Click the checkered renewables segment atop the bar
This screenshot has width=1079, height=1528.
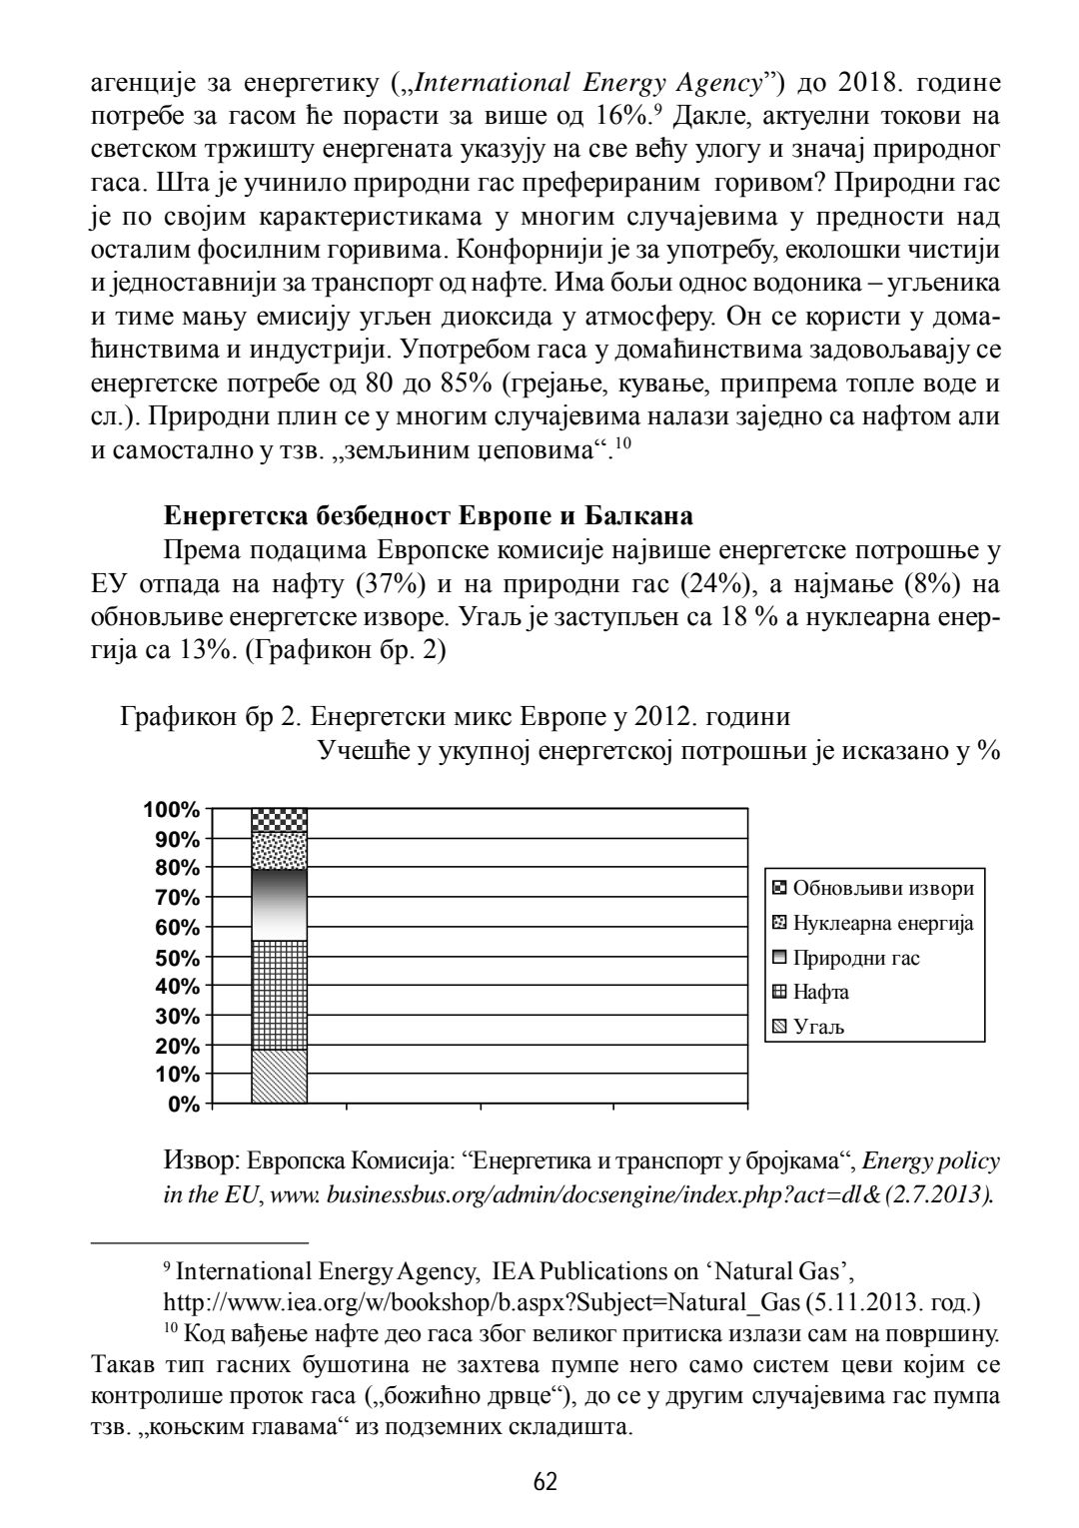tap(279, 820)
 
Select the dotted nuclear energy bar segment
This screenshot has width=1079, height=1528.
tap(279, 851)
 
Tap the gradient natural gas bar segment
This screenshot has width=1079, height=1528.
tap(279, 905)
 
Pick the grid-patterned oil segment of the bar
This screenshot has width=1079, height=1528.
tap(279, 995)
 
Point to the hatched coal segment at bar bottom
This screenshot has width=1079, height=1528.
tap(279, 1077)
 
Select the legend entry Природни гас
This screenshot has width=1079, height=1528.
tap(856, 958)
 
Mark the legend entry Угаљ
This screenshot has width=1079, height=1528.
tap(818, 1027)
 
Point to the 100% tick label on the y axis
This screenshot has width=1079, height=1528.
tap(172, 809)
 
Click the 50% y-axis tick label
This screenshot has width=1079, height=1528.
tap(178, 958)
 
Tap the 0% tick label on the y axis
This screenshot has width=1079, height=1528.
tap(183, 1105)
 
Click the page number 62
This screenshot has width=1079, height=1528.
tap(544, 1480)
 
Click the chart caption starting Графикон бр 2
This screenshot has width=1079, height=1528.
tap(455, 717)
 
